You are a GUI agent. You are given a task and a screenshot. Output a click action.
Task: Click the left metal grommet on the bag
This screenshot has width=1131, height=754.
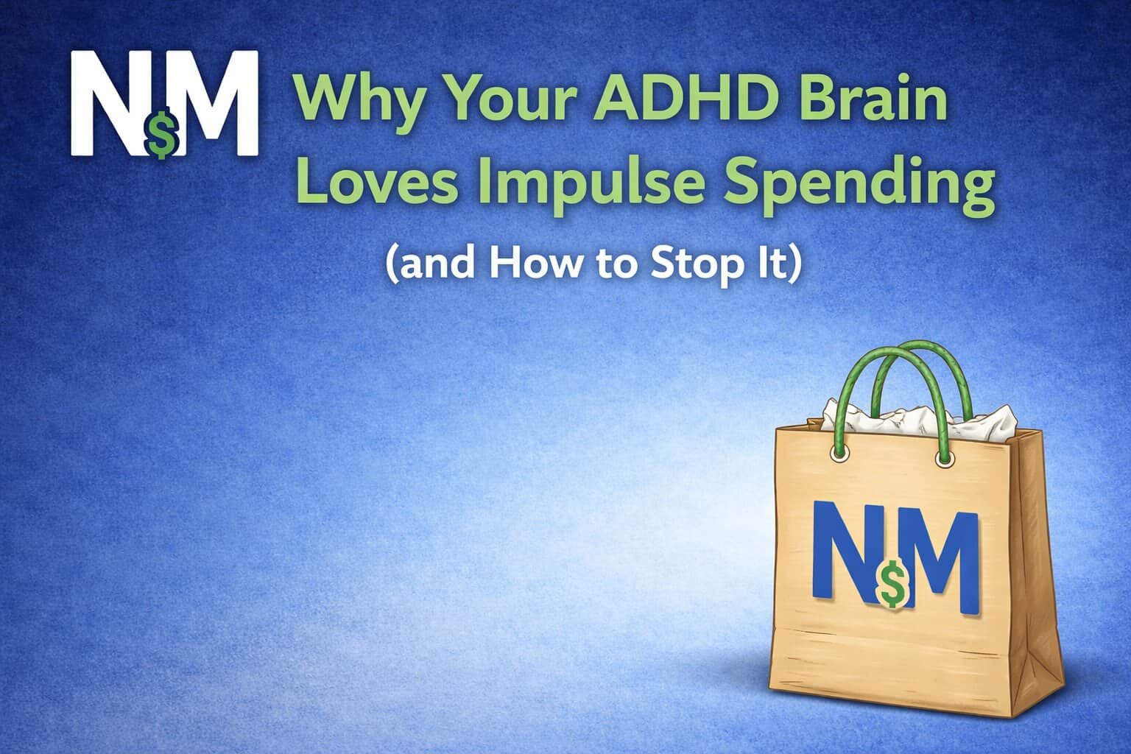tap(839, 454)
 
